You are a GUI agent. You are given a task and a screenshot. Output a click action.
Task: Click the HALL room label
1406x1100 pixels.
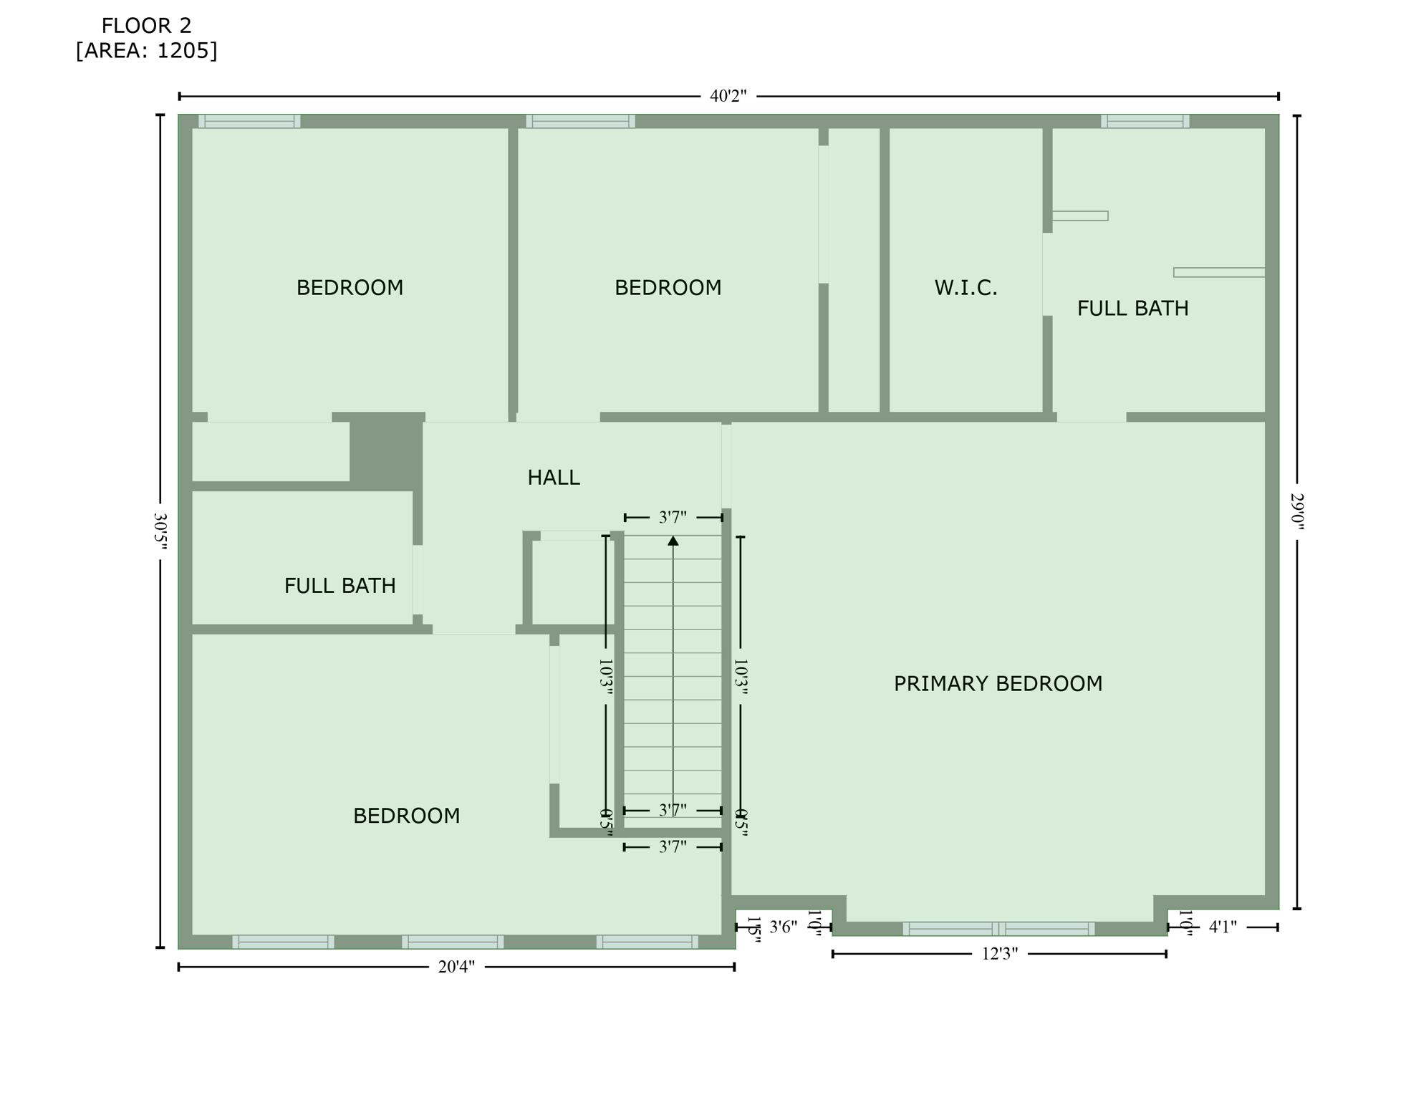coord(553,478)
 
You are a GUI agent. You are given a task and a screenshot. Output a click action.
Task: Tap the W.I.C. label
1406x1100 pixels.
coord(965,288)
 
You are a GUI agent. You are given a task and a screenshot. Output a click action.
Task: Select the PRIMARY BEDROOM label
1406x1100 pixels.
coord(997,684)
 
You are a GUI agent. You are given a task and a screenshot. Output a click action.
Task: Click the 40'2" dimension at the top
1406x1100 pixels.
coord(728,96)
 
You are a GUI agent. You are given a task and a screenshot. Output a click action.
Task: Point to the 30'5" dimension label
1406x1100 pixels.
coord(160,531)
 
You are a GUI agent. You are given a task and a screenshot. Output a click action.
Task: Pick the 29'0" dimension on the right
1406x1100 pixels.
coord(1297,511)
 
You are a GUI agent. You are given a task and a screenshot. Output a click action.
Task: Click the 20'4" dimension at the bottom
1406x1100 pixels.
coord(456,967)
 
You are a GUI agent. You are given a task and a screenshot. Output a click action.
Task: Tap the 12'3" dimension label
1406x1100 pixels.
coord(999,954)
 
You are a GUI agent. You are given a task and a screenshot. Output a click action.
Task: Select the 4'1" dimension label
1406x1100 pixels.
coord(1223,927)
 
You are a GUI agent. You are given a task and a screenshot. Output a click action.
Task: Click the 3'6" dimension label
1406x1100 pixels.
coord(783,927)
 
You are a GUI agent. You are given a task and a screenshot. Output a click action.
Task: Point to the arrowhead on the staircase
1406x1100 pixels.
coord(673,541)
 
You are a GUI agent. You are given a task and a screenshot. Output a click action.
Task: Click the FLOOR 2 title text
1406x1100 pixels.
coord(146,26)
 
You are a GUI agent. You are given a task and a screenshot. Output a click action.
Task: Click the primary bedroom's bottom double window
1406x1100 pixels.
coord(998,929)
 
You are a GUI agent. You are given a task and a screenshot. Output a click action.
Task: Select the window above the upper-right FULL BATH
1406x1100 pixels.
coord(1145,121)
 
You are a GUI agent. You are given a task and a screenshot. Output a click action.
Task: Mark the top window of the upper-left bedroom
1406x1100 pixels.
coord(249,121)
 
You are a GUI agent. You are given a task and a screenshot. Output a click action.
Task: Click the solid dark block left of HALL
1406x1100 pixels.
coord(385,450)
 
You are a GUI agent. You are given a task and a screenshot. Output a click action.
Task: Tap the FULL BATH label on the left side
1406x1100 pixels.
coord(340,586)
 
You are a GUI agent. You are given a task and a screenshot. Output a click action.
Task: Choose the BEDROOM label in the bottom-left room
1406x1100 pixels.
coord(406,816)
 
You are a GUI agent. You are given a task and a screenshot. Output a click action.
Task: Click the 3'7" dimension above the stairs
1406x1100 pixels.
coord(673,517)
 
